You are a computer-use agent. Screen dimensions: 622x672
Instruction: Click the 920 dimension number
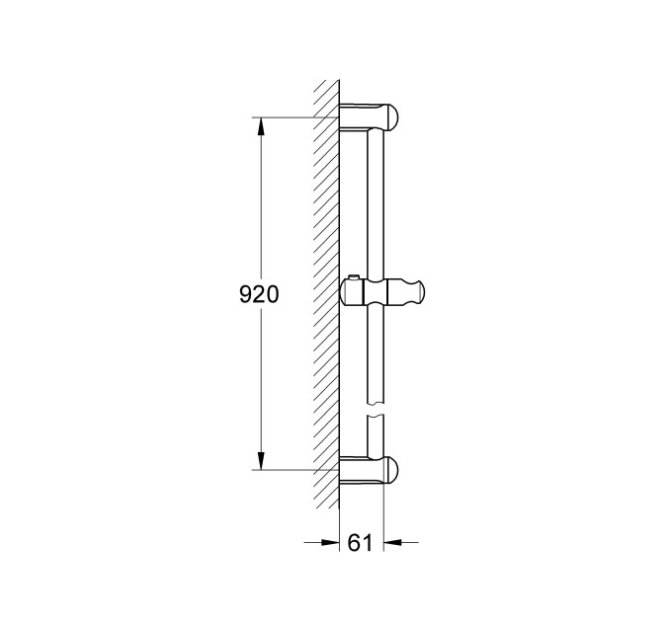(x=260, y=294)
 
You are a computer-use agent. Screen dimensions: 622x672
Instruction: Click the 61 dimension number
(x=361, y=542)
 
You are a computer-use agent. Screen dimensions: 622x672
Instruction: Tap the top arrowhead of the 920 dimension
(x=261, y=125)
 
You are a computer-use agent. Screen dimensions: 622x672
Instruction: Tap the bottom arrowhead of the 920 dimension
(x=261, y=462)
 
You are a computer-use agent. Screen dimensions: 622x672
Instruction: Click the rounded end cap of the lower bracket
(x=392, y=471)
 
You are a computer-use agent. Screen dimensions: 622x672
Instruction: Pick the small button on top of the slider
(x=354, y=277)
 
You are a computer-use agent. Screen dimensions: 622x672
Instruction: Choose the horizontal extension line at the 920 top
(x=296, y=118)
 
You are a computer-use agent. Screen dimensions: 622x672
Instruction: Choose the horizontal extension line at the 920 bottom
(x=296, y=470)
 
